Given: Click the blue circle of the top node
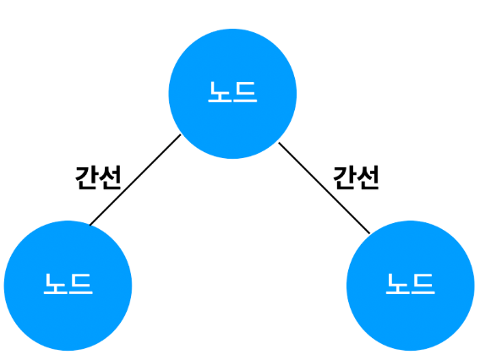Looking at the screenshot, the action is (232, 94).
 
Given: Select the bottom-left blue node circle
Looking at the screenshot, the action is (68, 286).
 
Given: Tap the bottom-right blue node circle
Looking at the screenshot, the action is (411, 286).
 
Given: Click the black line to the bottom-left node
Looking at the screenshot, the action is (135, 180).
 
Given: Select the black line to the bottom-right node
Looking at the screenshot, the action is (325, 188).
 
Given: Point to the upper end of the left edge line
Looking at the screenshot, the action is (181, 135).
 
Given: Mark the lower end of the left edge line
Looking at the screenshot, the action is (90, 225).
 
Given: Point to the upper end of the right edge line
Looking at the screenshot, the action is (279, 143).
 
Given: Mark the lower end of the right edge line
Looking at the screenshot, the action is (369, 233).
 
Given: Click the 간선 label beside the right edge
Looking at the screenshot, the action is (356, 177).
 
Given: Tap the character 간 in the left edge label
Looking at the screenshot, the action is (86, 177).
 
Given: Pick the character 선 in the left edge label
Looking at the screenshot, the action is (110, 177).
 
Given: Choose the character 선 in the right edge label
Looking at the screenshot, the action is (368, 177).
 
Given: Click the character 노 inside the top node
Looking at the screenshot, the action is (220, 92).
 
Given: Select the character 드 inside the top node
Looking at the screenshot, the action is (245, 92).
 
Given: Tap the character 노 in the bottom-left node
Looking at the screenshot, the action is (56, 284).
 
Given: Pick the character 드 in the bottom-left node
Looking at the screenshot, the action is (80, 284).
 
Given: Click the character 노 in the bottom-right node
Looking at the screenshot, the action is (398, 284).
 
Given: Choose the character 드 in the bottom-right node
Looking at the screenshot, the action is (423, 284).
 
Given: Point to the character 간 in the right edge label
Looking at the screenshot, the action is (345, 177).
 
